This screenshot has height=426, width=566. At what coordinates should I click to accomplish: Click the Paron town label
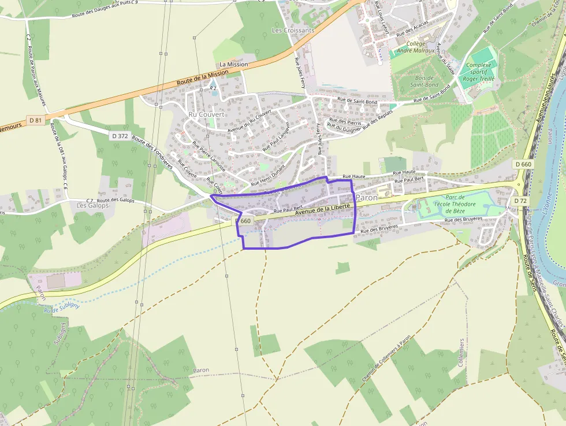coord(367,198)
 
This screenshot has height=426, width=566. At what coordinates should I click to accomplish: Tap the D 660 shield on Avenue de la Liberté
coord(244,221)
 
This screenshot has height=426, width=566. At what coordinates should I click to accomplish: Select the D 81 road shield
coord(36,120)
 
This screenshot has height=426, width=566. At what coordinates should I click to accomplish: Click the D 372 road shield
coord(118,135)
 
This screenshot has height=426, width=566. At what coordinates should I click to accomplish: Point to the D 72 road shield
coord(520,201)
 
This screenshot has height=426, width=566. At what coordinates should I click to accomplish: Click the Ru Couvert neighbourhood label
coord(206,114)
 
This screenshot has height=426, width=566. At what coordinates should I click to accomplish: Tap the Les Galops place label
coord(92,205)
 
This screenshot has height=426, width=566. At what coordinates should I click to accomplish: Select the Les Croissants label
coord(293,29)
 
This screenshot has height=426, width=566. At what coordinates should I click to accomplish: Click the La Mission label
coord(233,64)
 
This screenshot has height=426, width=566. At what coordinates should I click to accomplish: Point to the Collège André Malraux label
coord(424,47)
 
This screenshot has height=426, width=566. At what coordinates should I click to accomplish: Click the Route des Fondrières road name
coord(152,152)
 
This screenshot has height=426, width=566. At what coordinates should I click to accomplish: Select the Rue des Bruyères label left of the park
coord(379,229)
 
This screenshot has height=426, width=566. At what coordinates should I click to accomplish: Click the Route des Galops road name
coord(116,200)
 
